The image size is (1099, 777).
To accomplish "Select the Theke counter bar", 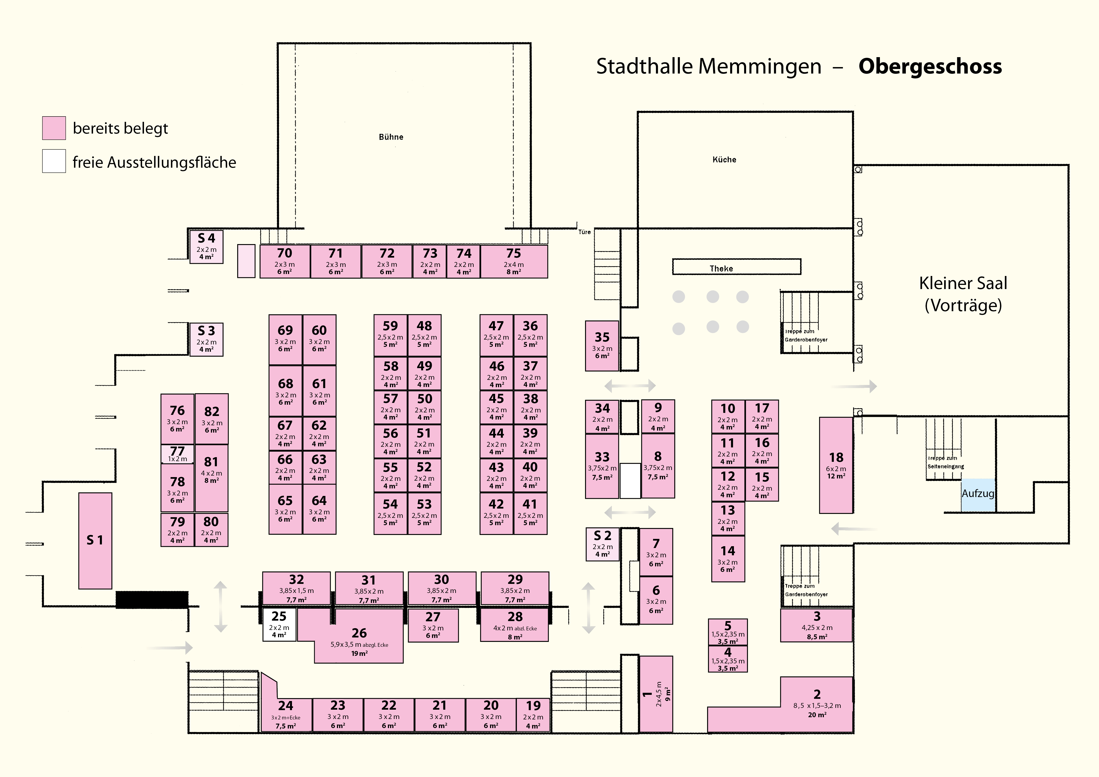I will coord(736,266).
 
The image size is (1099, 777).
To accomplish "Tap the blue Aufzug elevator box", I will coord(978,494).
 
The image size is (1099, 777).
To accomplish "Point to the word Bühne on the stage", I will coord(391,137).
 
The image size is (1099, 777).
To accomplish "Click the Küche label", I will coord(724,159).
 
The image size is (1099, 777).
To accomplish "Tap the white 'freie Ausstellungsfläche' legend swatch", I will coord(54,161).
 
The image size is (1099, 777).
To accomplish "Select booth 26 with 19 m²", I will coord(359,639).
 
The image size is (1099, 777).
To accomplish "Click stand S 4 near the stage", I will coord(206,246).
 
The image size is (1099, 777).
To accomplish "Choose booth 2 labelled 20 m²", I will coord(817,703).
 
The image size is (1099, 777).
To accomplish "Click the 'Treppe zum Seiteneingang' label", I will coord(945,462).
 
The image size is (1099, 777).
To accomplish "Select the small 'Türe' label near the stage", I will coord(584,232).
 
